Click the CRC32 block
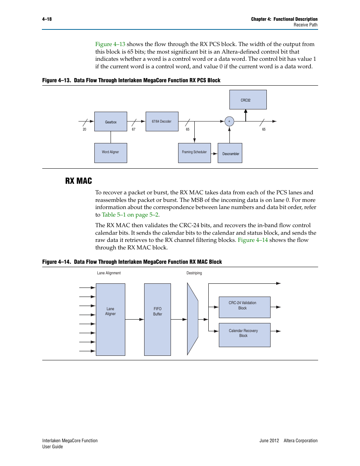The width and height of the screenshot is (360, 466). [248, 100]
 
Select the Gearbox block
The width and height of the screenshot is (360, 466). [111, 121]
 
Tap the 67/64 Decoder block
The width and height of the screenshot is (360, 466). [162, 121]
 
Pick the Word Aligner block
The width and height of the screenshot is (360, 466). [111, 153]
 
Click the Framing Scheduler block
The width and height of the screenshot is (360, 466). [194, 153]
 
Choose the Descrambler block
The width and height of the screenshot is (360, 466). [230, 153]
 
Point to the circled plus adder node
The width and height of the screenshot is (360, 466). [229, 121]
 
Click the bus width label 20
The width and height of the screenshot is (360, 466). [85, 129]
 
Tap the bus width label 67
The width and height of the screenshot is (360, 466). [134, 129]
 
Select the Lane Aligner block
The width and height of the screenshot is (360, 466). [111, 319]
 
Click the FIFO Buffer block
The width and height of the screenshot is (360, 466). [157, 319]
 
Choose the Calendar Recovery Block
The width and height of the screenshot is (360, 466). [245, 335]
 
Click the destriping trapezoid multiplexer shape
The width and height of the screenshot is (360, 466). [192, 319]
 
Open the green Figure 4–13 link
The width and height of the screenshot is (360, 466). [110, 44]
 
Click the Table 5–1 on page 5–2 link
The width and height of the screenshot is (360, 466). [130, 215]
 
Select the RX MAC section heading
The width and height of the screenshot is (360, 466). [78, 181]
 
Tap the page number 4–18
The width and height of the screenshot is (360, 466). [47, 19]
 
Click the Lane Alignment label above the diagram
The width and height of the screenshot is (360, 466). [109, 273]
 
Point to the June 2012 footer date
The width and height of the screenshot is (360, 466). [269, 440]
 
